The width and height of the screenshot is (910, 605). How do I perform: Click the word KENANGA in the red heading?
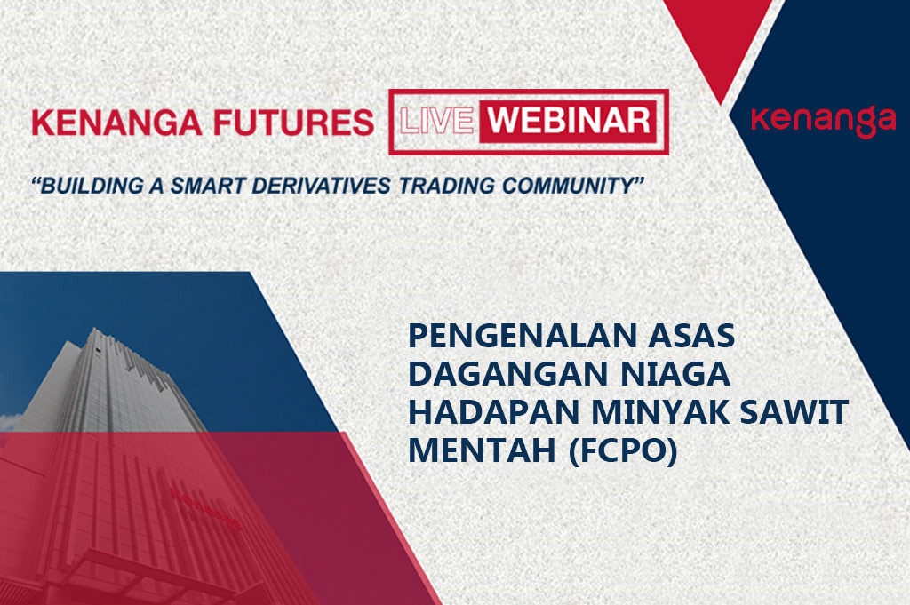116,123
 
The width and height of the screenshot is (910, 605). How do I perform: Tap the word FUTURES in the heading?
293,123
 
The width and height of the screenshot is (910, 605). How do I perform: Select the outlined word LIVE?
435,121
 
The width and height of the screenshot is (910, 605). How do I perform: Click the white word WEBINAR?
569,120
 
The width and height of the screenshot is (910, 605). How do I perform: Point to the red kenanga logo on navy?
824,121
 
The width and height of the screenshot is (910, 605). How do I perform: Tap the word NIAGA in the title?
675,374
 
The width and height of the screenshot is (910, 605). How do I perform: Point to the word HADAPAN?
494,412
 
